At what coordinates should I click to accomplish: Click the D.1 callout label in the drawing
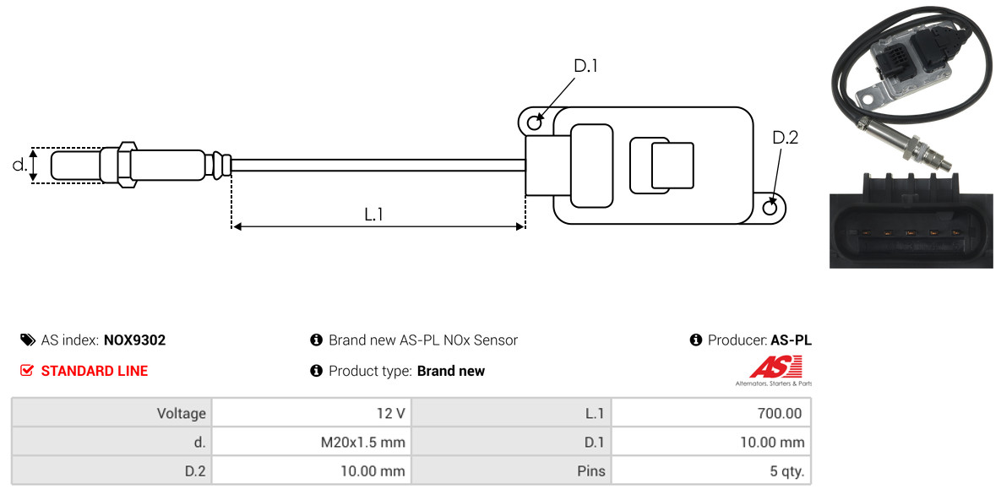click(585, 66)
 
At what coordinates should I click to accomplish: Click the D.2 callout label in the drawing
click(785, 138)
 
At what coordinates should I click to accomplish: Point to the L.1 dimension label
click(373, 215)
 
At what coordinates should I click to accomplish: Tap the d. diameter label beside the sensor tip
click(19, 165)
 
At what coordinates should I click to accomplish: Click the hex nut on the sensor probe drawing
click(127, 164)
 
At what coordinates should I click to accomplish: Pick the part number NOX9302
click(134, 340)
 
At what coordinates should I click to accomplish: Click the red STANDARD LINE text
click(95, 371)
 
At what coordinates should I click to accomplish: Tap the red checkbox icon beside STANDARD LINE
click(27, 371)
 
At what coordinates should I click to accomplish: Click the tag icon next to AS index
click(27, 340)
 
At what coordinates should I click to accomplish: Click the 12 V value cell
click(312, 413)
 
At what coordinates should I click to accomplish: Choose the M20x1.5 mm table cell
click(312, 442)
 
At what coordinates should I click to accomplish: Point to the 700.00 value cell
click(711, 413)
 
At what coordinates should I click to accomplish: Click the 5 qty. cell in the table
click(711, 471)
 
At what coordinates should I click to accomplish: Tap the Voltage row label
click(182, 414)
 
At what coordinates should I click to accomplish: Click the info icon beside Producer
click(696, 340)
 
